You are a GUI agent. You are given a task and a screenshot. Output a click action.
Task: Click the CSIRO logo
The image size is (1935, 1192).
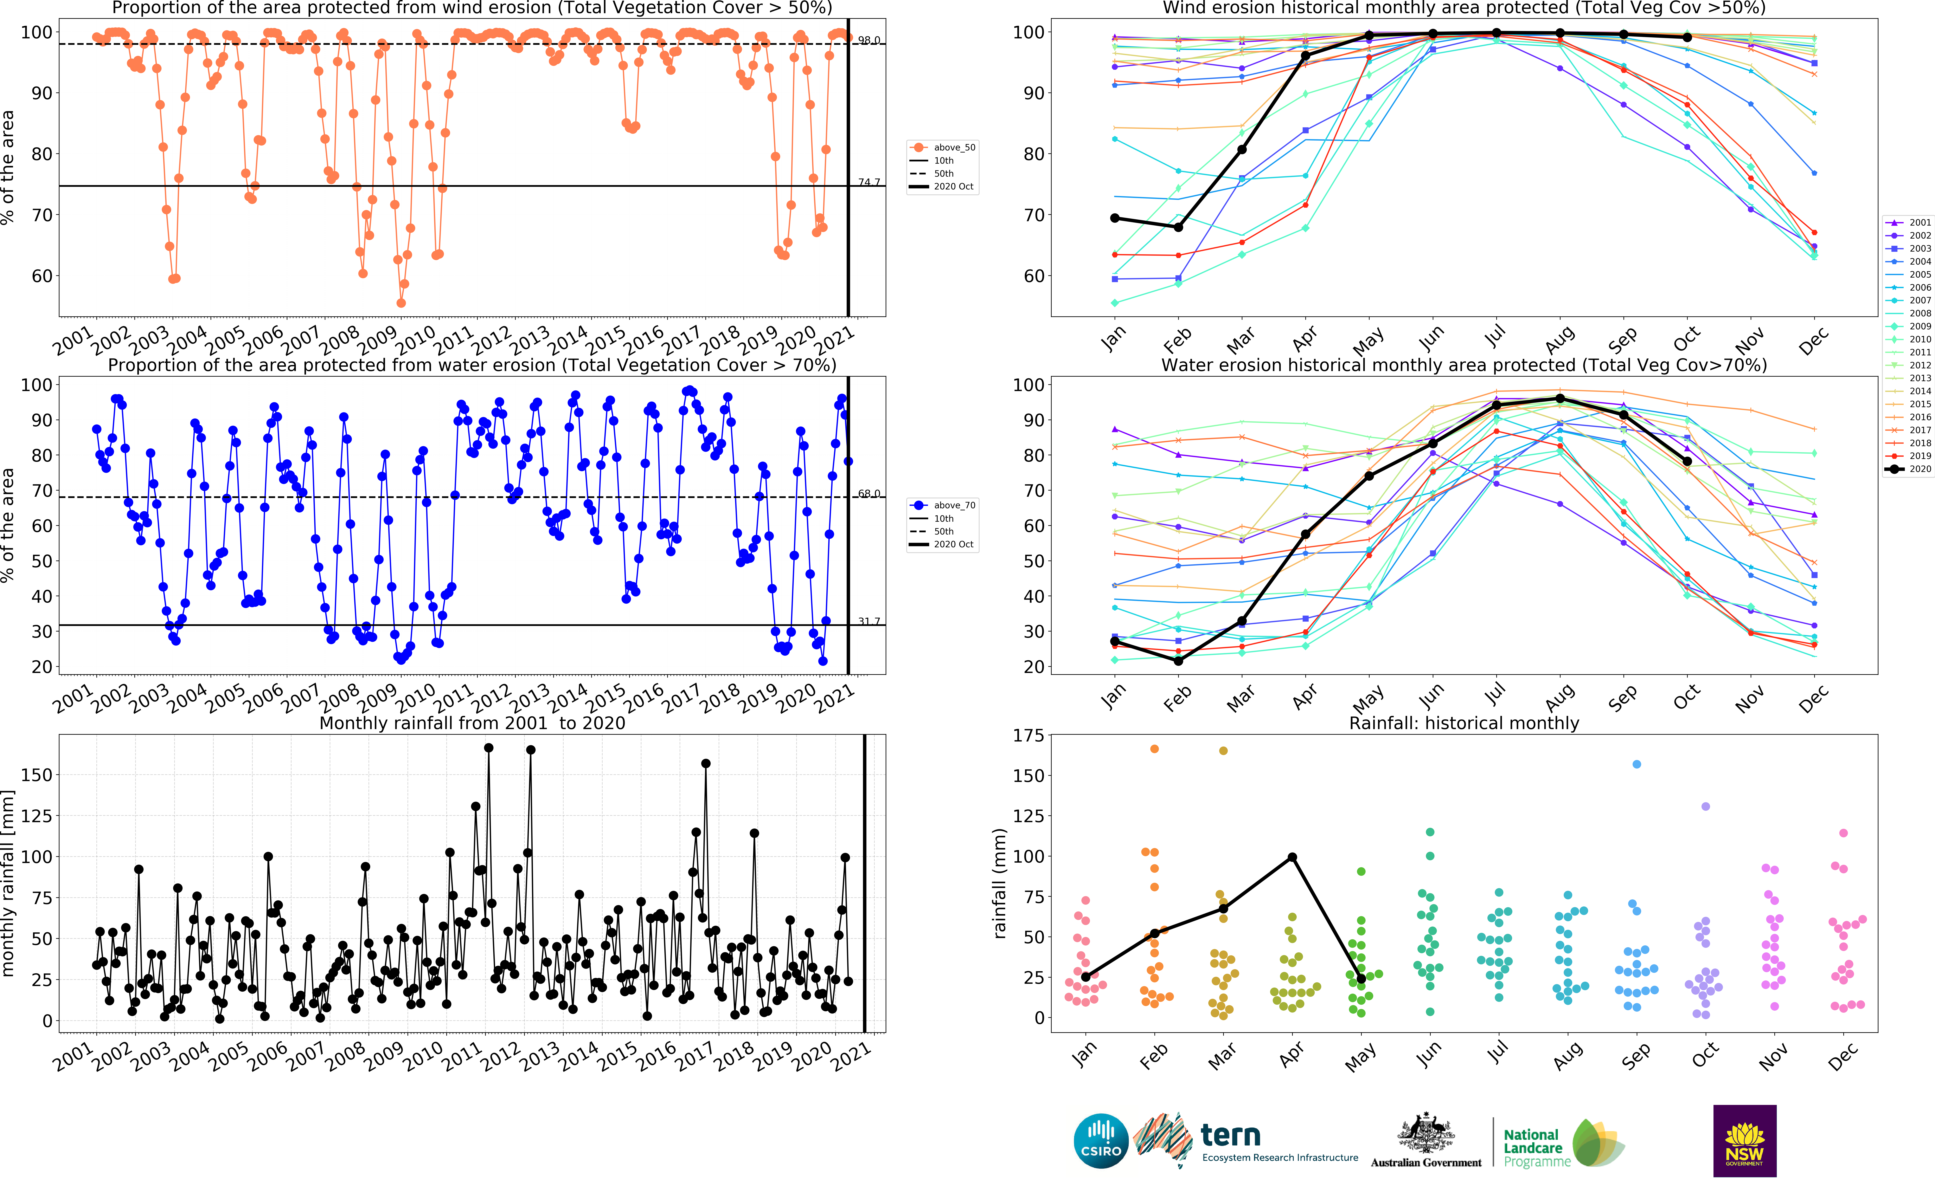pyautogui.click(x=1101, y=1141)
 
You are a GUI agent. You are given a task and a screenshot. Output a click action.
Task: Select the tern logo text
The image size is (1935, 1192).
pyautogui.click(x=1230, y=1135)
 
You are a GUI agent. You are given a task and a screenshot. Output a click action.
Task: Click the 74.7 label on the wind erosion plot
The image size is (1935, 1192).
pyautogui.click(x=869, y=182)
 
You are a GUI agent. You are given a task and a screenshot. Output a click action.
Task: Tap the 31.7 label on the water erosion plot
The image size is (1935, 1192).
pyautogui.click(x=869, y=621)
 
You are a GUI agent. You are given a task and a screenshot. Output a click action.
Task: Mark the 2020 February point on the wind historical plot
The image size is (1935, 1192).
pyautogui.click(x=1178, y=227)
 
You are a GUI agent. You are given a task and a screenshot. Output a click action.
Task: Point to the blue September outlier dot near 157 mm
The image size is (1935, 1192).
pyautogui.click(x=1637, y=764)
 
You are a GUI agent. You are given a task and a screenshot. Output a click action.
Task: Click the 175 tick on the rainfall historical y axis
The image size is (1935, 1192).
pyautogui.click(x=1028, y=736)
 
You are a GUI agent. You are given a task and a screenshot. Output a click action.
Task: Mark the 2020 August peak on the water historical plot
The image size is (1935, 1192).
pyautogui.click(x=1560, y=398)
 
